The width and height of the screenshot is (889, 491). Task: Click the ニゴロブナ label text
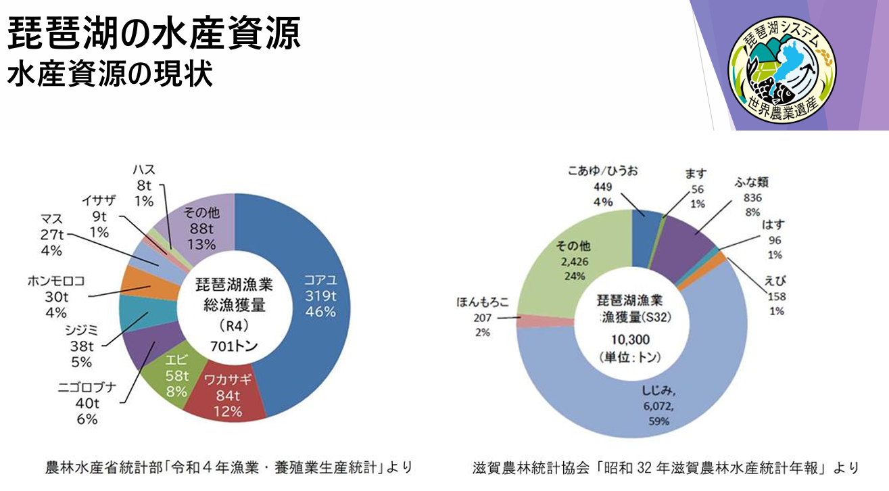87,388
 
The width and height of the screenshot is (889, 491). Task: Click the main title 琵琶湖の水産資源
154,35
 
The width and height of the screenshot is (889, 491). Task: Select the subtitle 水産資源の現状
110,74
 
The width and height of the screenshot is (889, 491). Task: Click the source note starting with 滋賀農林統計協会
666,467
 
